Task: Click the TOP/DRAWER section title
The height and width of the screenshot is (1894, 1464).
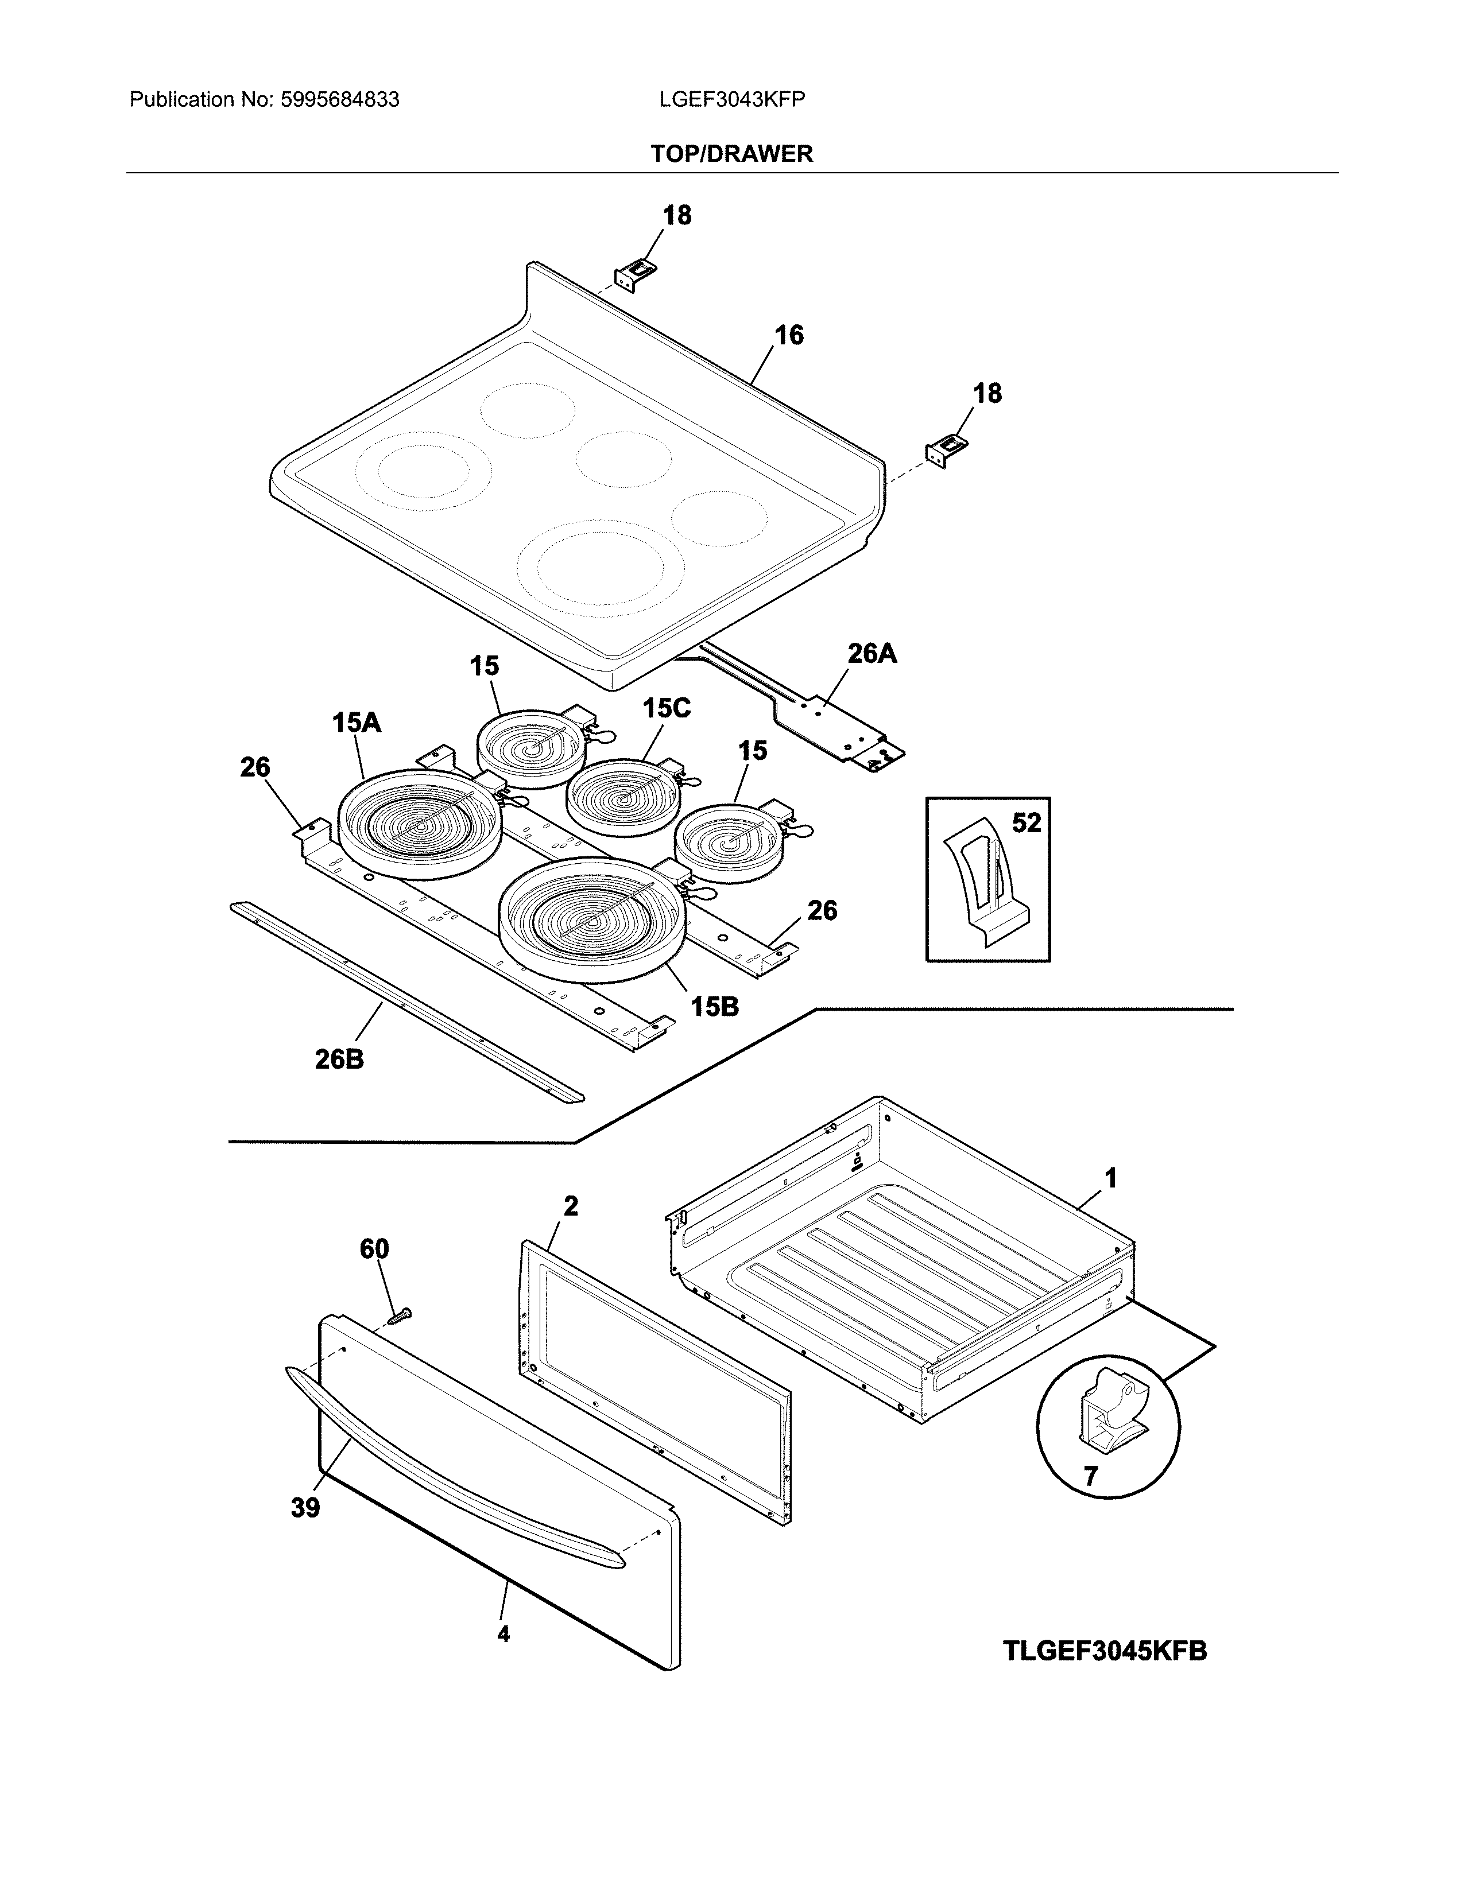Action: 731,154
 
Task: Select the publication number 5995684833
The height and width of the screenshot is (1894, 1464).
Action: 340,100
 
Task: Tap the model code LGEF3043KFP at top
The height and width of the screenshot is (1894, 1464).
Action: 731,100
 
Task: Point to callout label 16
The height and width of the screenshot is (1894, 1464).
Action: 788,335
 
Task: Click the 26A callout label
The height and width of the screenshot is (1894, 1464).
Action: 872,653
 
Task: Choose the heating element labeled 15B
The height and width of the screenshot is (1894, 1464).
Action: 592,919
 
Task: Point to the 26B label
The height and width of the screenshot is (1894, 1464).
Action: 339,1059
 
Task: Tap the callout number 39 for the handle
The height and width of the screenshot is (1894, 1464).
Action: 305,1508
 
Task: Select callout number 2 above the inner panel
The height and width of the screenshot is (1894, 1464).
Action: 571,1205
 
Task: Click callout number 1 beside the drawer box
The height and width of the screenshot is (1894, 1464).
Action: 1110,1178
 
